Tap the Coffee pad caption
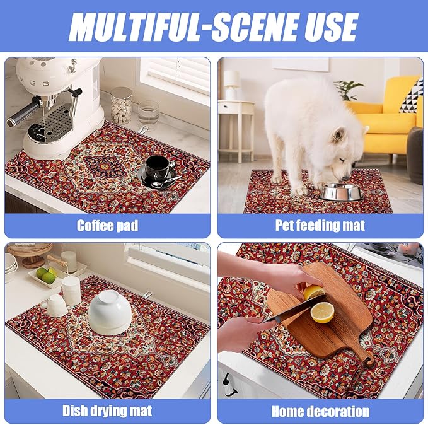click(107, 225)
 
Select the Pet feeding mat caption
click(320, 225)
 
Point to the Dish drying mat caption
click(107, 411)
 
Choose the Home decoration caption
click(320, 412)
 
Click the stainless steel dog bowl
click(340, 191)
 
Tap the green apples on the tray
click(45, 274)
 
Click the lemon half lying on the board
click(323, 312)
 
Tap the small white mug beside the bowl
click(56, 306)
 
